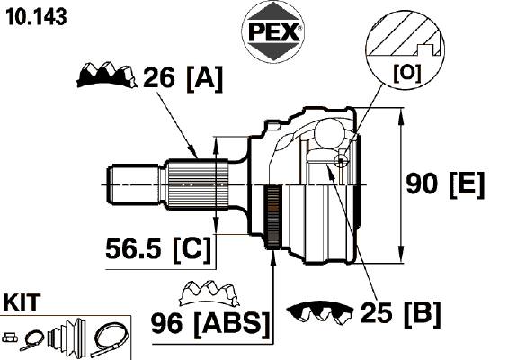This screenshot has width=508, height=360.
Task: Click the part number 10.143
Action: (37, 17)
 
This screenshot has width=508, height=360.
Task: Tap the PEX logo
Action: (272, 31)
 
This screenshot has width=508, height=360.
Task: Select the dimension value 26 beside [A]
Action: (159, 77)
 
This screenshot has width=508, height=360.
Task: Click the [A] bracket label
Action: (205, 79)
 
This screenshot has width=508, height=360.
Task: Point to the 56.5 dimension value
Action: (133, 248)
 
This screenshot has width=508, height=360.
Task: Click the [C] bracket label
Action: (192, 250)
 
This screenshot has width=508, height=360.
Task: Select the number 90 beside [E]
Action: (422, 184)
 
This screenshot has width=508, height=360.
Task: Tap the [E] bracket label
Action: (467, 185)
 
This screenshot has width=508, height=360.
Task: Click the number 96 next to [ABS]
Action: (167, 323)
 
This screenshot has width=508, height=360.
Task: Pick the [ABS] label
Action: (232, 324)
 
